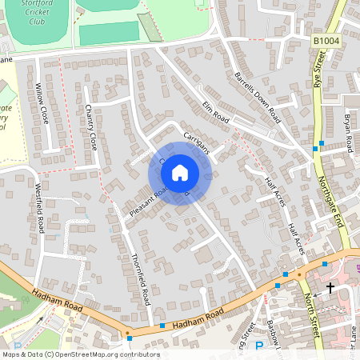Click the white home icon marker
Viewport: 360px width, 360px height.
pyautogui.click(x=180, y=172)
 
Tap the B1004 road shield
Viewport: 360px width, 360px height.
pyautogui.click(x=326, y=40)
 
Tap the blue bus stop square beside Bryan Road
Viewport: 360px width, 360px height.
pyautogui.click(x=320, y=145)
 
